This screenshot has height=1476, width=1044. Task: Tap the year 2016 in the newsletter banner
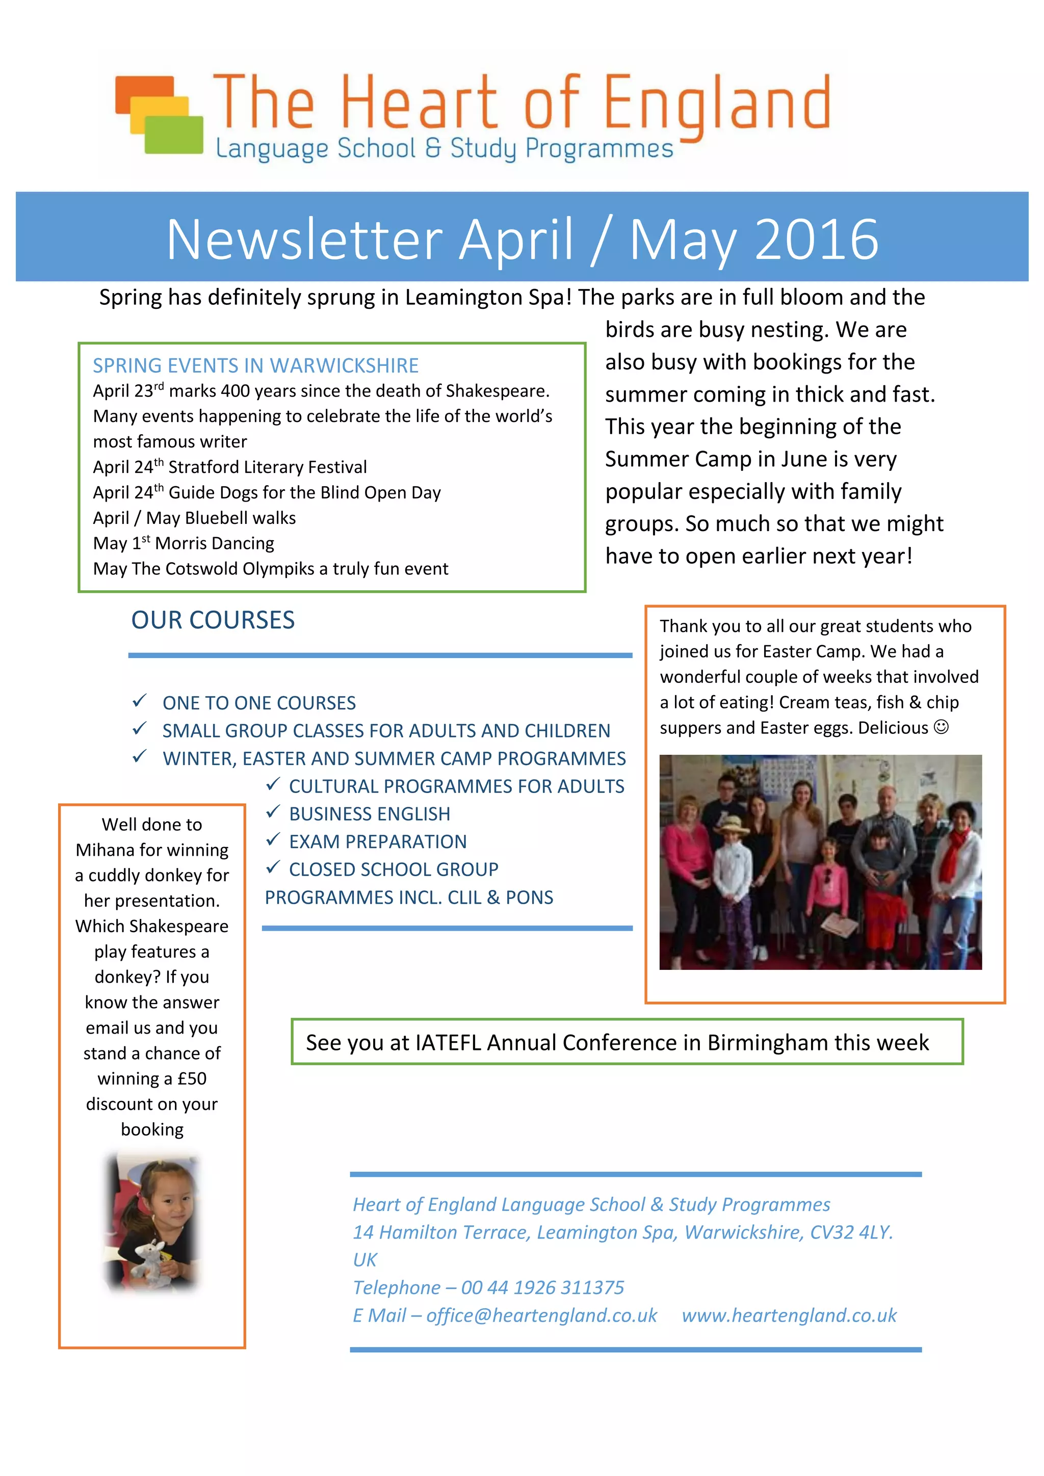(x=817, y=239)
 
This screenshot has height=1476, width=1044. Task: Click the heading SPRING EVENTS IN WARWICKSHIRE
(x=255, y=366)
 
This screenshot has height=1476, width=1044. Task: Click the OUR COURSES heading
(x=213, y=620)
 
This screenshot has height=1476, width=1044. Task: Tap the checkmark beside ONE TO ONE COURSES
(x=140, y=701)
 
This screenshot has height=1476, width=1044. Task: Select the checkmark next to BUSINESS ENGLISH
(x=273, y=812)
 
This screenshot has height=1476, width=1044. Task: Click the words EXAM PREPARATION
(x=378, y=841)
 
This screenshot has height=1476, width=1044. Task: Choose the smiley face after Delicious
(x=941, y=727)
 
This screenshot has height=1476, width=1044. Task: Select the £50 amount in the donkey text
(x=192, y=1079)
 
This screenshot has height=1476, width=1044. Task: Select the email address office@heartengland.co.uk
(x=542, y=1315)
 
